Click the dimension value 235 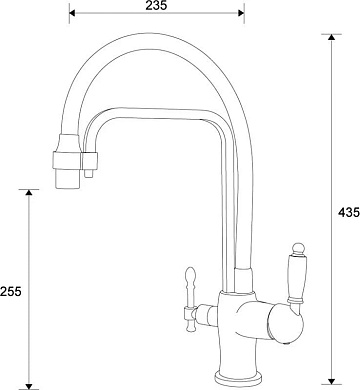tap(156, 5)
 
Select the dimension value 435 tap(349, 212)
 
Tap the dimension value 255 tap(10, 291)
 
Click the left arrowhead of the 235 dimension tap(72, 13)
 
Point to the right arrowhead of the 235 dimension tap(241, 13)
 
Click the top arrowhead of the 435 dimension tap(331, 37)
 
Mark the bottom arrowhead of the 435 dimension tap(331, 381)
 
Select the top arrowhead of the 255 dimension tap(29, 192)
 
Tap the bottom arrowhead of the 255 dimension tap(29, 387)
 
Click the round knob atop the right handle tap(298, 248)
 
